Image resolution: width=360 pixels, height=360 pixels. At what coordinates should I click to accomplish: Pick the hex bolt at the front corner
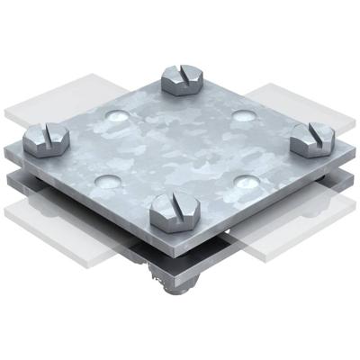[174, 210]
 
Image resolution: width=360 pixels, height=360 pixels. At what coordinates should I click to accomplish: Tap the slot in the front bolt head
[172, 203]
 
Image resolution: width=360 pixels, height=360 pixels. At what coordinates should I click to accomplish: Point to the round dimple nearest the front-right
[245, 180]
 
